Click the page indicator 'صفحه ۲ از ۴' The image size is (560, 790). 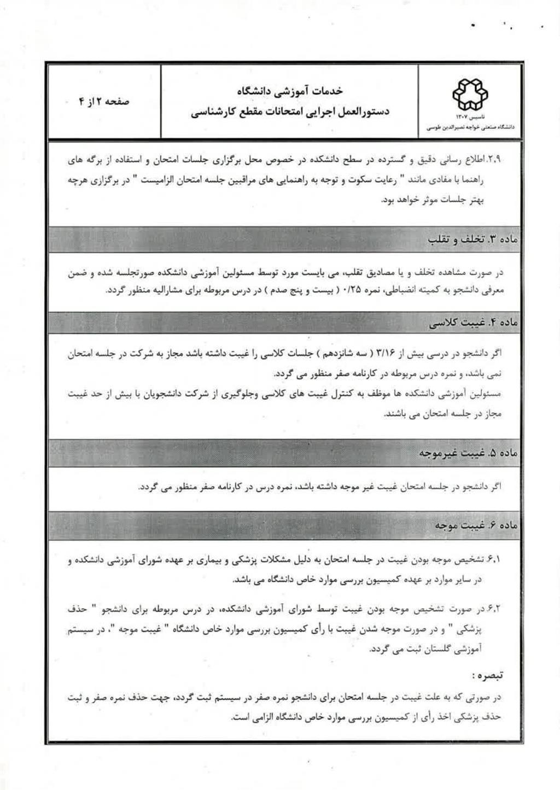[x=104, y=102]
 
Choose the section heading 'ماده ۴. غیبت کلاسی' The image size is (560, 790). [x=474, y=323]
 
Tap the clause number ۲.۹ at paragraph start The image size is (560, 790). [x=494, y=161]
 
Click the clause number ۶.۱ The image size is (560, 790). [x=493, y=560]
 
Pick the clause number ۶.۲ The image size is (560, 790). [x=493, y=608]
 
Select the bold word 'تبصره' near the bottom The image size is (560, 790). [x=486, y=676]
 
